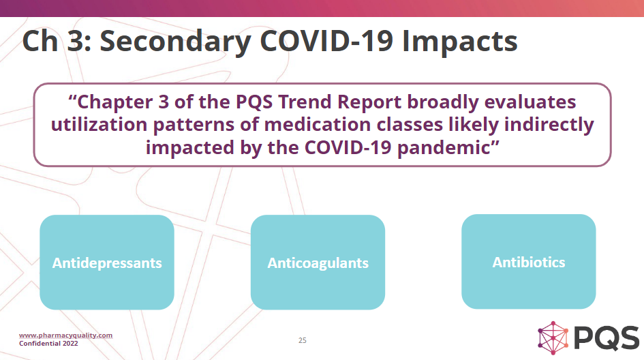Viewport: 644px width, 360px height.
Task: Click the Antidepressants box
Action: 107,262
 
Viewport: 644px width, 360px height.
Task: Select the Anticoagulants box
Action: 318,262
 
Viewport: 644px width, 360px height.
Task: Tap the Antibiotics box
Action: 529,261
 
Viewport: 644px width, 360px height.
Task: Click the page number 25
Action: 303,340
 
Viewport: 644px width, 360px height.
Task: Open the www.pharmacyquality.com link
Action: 65,335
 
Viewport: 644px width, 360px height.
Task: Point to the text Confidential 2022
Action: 48,343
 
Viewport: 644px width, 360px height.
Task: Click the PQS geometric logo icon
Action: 553,337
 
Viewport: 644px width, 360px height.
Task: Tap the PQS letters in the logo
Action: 607,337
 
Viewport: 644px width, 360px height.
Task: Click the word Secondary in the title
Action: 175,42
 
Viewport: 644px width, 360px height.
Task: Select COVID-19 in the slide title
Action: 326,41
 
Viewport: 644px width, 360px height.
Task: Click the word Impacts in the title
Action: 459,42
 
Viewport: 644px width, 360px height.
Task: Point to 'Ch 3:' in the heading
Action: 57,41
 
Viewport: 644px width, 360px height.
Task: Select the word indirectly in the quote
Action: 549,125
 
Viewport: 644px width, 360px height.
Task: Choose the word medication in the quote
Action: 318,125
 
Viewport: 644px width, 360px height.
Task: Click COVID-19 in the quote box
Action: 348,147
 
